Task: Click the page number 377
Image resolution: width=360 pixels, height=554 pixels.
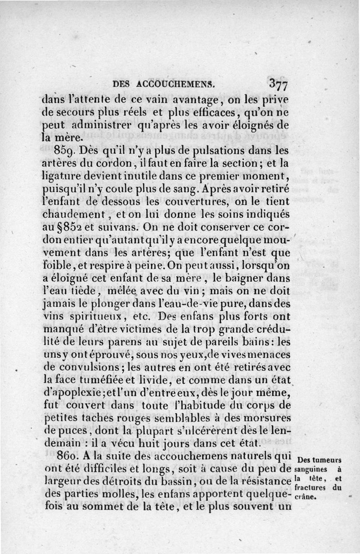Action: (279, 85)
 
